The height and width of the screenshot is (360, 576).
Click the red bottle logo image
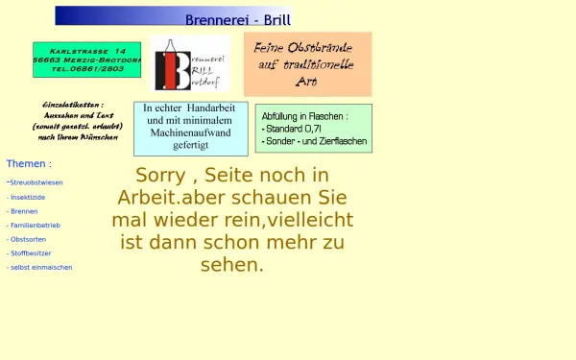191,63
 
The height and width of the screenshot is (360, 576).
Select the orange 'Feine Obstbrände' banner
307,63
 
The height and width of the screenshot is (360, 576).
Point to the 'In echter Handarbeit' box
190,127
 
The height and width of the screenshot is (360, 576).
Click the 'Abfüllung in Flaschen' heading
304,115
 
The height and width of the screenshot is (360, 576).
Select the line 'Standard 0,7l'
295,128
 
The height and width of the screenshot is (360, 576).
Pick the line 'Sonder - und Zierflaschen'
312,140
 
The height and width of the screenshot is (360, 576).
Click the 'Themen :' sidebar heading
29,164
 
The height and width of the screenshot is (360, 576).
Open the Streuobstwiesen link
36,182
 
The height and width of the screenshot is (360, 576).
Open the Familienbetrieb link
36,225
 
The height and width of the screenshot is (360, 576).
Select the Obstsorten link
29,239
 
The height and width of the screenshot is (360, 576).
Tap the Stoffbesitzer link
32,253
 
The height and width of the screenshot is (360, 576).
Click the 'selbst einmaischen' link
40,268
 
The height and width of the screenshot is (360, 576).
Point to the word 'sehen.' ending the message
231,264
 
